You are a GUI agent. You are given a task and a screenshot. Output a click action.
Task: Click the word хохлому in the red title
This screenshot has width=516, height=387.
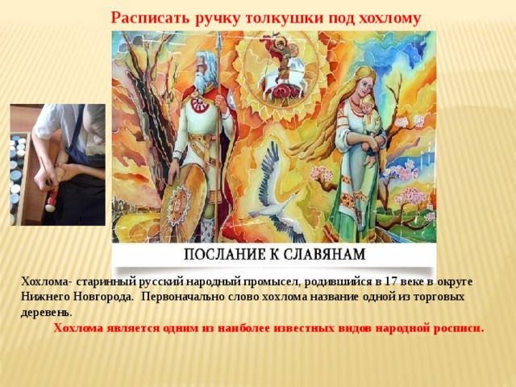tap(389, 19)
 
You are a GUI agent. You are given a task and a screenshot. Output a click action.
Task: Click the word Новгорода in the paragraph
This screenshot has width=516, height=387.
tap(103, 297)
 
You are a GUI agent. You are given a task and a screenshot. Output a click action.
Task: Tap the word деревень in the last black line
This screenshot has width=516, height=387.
tap(46, 312)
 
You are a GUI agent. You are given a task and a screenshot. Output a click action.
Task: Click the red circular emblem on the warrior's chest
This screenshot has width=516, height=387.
tap(199, 105)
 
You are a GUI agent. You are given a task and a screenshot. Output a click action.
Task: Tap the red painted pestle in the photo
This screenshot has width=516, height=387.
tap(52, 198)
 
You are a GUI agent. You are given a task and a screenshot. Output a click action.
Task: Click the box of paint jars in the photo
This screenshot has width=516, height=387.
tap(20, 177)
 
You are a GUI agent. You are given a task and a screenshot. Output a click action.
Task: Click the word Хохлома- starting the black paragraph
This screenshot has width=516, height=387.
tap(47, 282)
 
